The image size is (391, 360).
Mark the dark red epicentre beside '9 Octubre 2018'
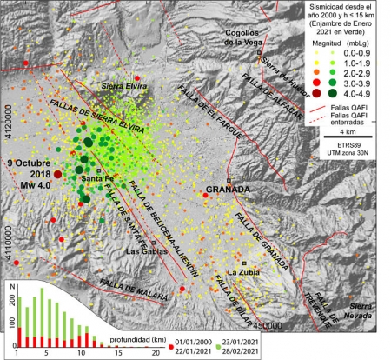57,174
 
